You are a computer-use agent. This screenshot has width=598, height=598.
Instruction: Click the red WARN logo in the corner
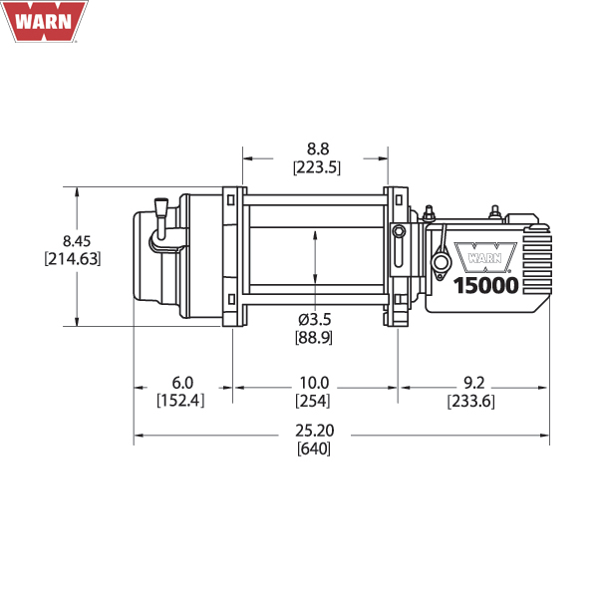pyautogui.click(x=44, y=21)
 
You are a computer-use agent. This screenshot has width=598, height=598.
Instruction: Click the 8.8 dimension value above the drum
pyautogui.click(x=318, y=149)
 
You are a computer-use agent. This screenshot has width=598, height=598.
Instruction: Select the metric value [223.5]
pyautogui.click(x=317, y=167)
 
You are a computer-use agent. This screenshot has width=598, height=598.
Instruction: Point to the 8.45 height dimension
pyautogui.click(x=77, y=241)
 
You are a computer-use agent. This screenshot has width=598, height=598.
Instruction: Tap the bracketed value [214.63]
pyautogui.click(x=73, y=259)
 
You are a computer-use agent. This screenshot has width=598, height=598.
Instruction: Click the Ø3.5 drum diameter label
pyautogui.click(x=315, y=319)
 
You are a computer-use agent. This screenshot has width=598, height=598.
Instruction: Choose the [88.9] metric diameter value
pyautogui.click(x=314, y=338)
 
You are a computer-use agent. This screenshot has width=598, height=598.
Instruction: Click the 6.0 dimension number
pyautogui.click(x=182, y=383)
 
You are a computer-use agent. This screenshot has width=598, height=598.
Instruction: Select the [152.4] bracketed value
pyautogui.click(x=180, y=401)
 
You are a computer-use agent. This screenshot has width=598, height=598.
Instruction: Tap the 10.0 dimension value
pyautogui.click(x=314, y=383)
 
